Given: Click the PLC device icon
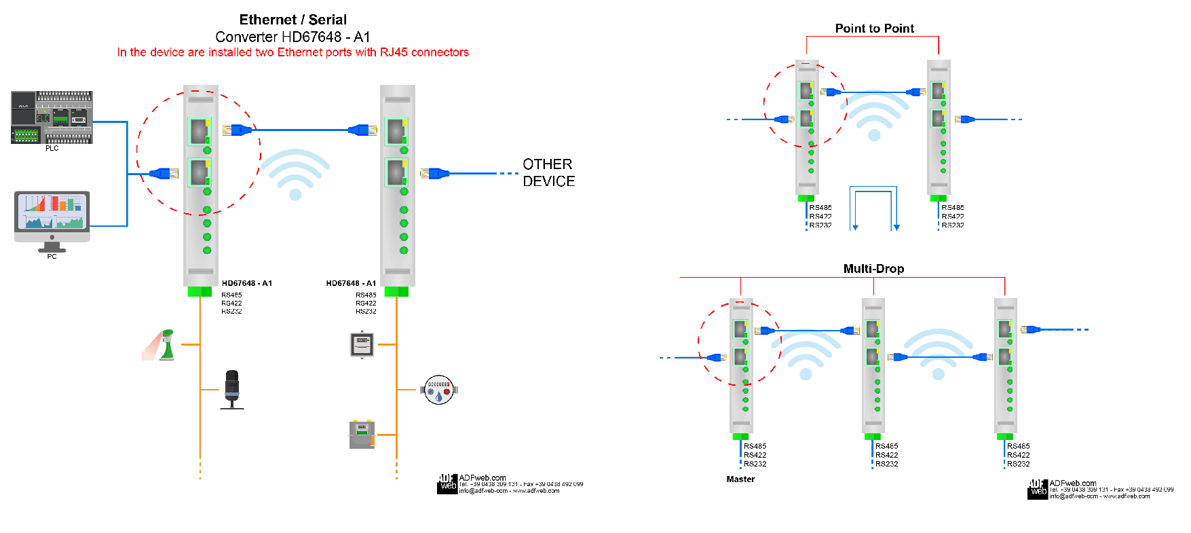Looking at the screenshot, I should pos(52,117).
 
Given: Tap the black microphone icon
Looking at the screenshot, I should pos(232,388).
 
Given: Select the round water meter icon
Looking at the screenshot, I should pos(439,390).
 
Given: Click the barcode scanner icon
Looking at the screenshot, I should pos(164,345).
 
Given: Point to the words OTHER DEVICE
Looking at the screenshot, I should pos(548,172).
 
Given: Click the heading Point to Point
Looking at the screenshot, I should pos(874,29).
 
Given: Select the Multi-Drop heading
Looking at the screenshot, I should pos(873,269).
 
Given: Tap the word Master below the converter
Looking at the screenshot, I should pos(740,479).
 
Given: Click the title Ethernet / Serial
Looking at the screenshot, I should pos(292,20).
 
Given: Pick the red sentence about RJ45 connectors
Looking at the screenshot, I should pos(292,52).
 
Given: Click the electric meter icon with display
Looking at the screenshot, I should pos(362,344).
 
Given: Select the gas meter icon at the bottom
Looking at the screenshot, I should pos(362,435).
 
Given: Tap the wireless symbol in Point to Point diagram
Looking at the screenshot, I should pos(874,115).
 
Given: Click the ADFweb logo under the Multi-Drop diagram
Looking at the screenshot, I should pos(1038,490).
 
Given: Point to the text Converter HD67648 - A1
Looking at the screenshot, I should pos(292,37).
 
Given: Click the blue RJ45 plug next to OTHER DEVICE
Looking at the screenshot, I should pos(434,173).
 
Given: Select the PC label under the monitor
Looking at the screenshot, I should pos(52,257).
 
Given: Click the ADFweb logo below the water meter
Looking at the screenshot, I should pos(447,483).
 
